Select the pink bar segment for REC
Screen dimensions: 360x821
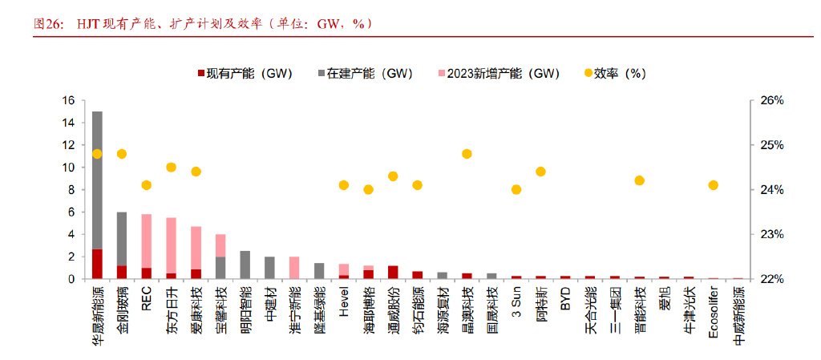146,241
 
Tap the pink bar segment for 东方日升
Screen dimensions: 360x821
171,245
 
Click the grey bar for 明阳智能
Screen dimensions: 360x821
245,265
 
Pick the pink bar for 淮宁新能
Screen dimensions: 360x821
294,268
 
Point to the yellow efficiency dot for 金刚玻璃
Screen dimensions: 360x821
122,154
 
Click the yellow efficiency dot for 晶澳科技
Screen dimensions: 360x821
467,154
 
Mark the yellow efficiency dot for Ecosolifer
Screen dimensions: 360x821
714,185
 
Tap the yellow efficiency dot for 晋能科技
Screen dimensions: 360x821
639,180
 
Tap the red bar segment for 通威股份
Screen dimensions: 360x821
393,272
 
